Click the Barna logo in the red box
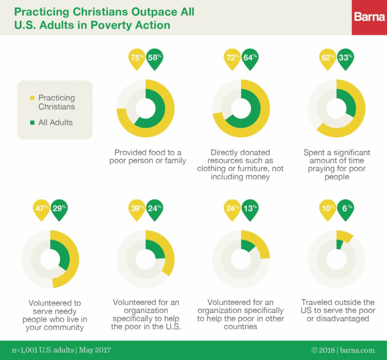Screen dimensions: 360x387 [369, 17]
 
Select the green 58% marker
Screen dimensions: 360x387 [155, 58]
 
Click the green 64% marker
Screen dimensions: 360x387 [250, 58]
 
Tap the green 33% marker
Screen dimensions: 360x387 [345, 58]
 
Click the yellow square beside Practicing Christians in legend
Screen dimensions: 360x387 [32, 98]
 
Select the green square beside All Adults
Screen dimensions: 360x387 [32, 123]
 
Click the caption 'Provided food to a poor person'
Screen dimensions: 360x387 [148, 156]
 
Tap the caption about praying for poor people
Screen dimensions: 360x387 [337, 164]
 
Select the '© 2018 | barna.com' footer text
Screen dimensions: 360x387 [343, 350]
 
